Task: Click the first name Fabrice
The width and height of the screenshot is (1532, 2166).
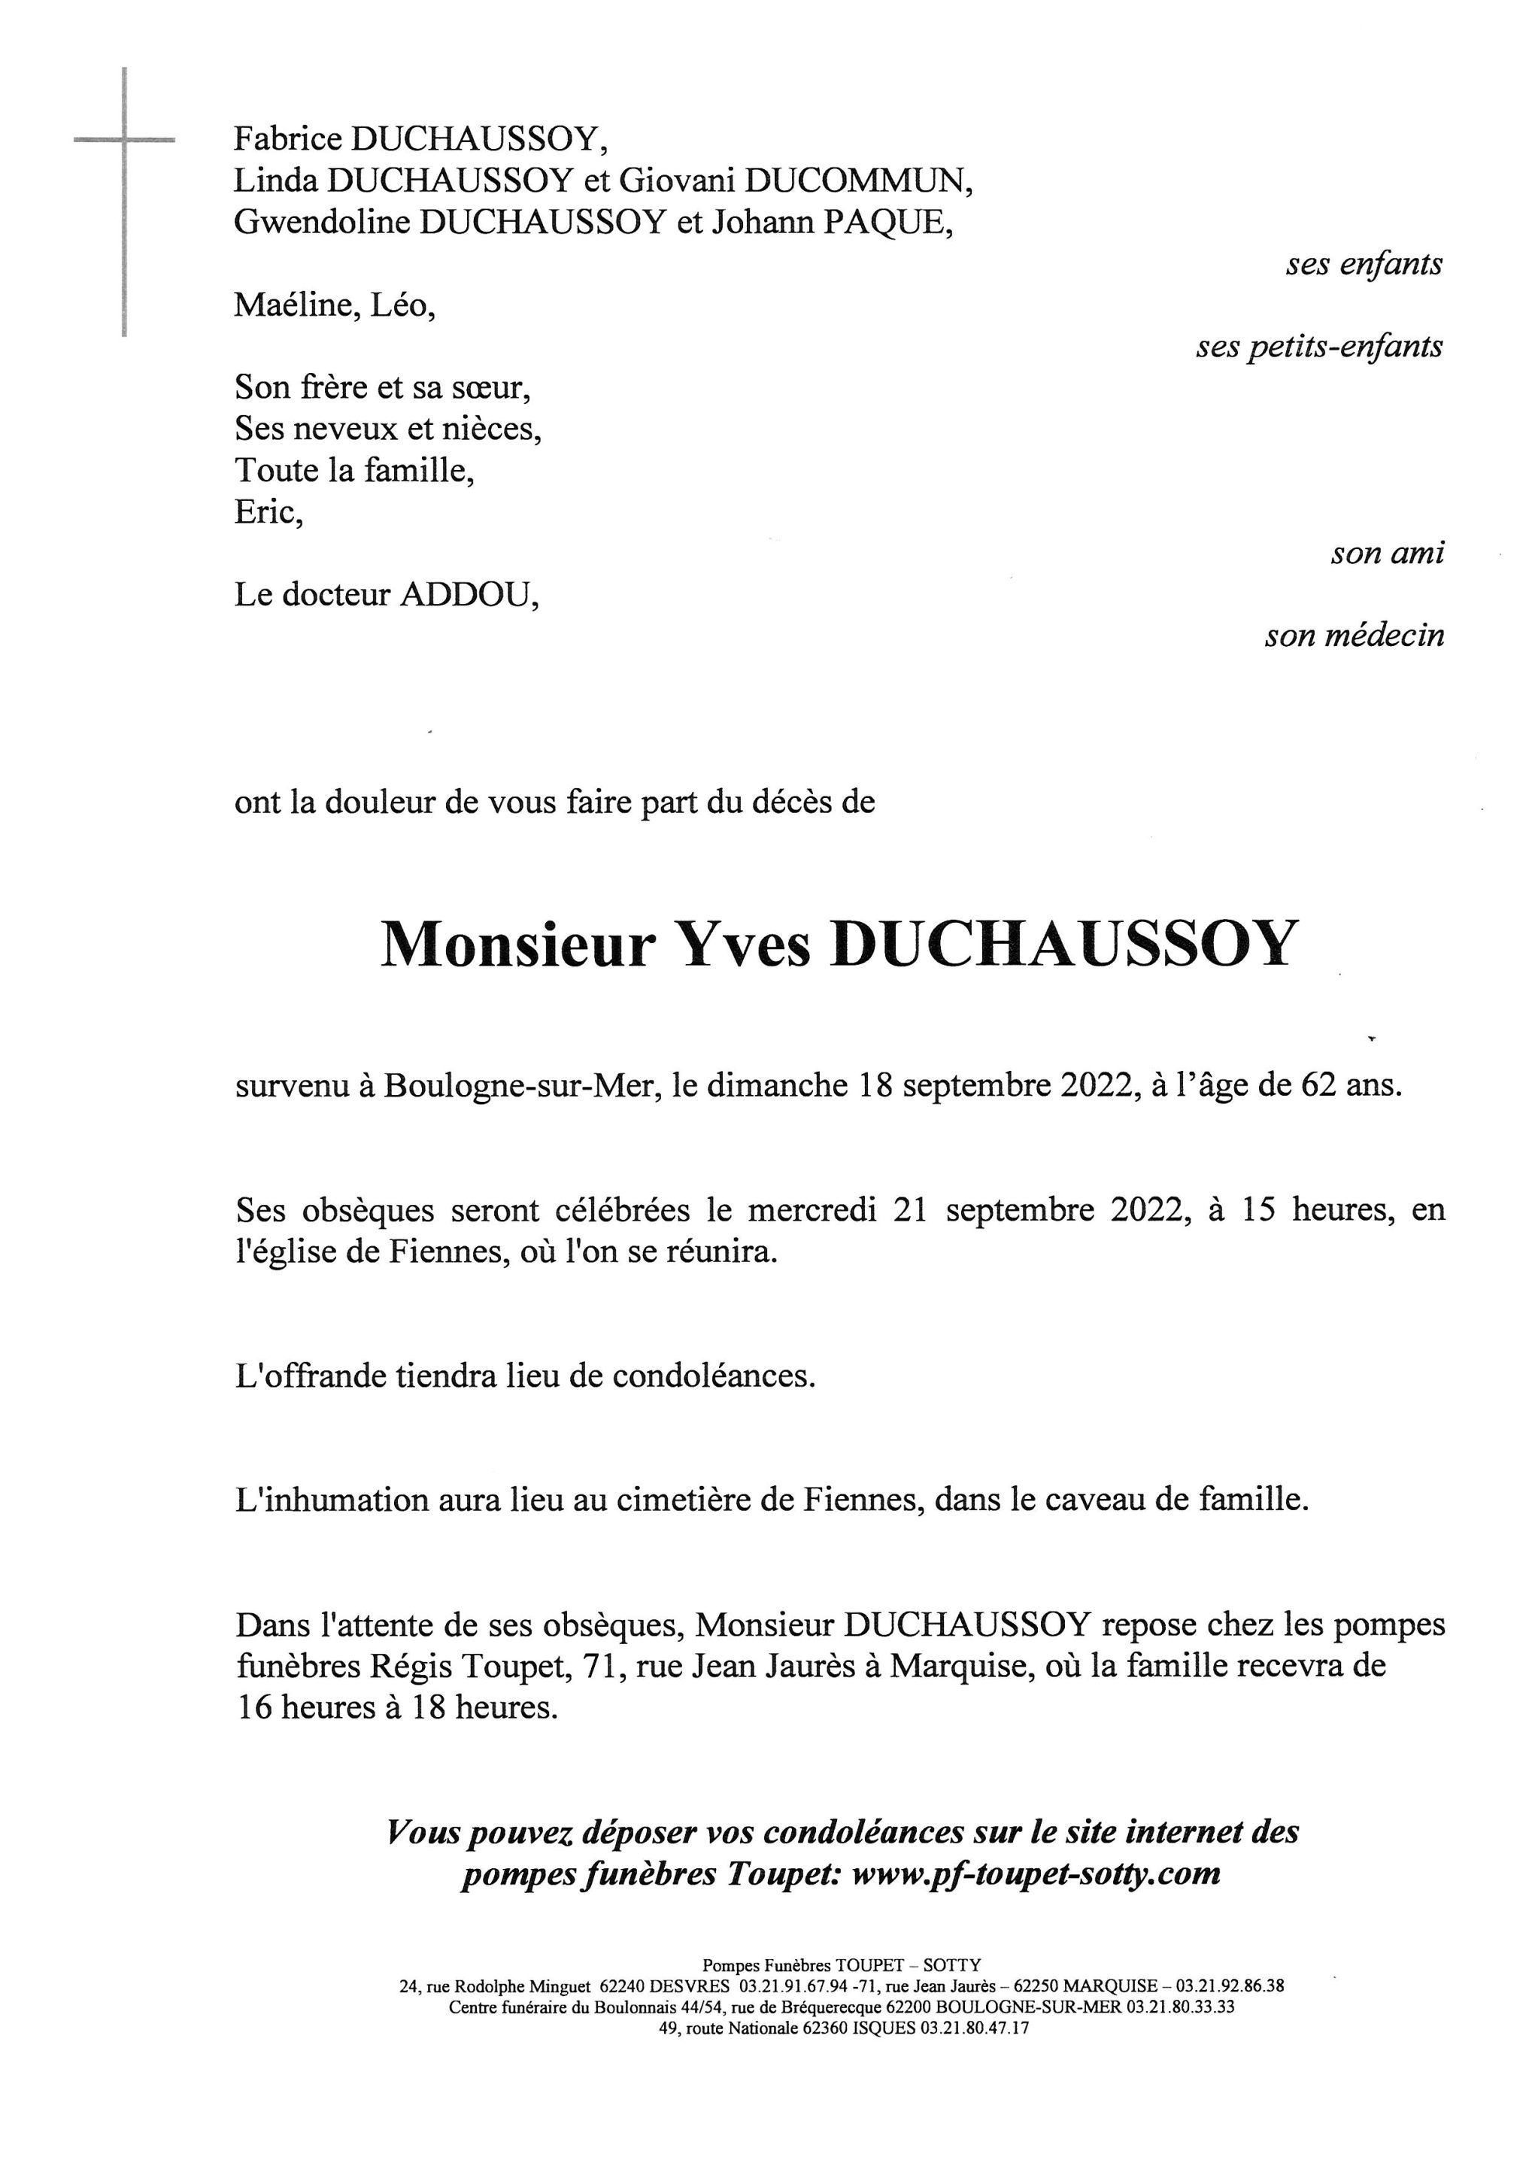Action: tap(288, 140)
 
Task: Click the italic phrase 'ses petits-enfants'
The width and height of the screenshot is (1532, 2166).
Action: tap(1319, 347)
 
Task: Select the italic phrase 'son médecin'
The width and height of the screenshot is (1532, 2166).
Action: tap(1354, 636)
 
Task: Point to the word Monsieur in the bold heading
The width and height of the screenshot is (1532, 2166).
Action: tap(517, 945)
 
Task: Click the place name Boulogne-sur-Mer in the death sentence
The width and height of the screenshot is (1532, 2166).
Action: tap(519, 1087)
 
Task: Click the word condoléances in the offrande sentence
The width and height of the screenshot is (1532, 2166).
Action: tap(713, 1376)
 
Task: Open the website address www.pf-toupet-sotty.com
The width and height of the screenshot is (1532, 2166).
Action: tap(1035, 1873)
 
